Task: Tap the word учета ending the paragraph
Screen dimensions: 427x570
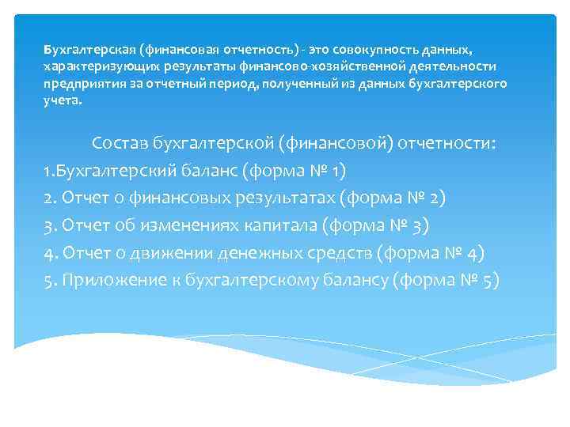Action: (x=61, y=100)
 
